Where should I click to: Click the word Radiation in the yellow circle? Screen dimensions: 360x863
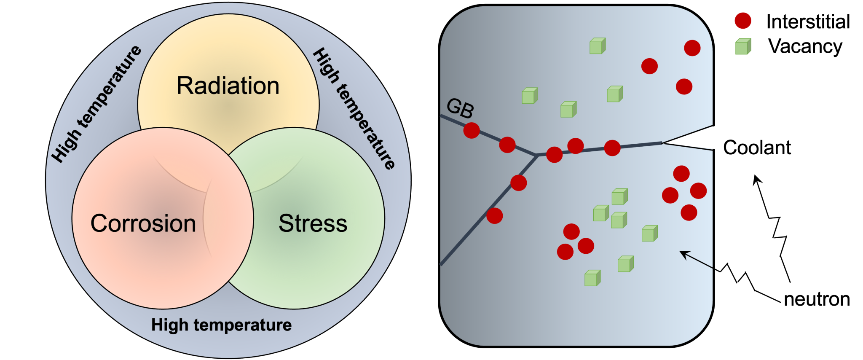(x=228, y=86)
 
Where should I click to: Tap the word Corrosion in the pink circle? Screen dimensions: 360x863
(x=143, y=223)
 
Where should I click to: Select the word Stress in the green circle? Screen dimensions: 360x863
(x=313, y=223)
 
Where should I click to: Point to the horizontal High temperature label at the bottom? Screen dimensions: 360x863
(x=221, y=325)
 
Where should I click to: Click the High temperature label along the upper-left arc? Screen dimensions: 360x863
(x=96, y=103)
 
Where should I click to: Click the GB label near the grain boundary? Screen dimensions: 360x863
(x=460, y=108)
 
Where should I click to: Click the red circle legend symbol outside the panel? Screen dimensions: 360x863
(x=743, y=21)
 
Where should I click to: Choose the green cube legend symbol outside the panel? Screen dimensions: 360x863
(x=743, y=46)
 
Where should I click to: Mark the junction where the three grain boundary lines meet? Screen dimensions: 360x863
(x=536, y=156)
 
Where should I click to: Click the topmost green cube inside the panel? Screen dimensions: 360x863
(x=597, y=46)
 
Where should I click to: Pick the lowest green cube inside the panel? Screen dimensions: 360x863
(x=592, y=278)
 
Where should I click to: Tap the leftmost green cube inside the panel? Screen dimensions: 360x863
(x=529, y=96)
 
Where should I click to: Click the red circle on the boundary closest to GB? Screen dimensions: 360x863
(x=472, y=130)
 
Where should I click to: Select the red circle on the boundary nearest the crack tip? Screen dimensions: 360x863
(x=612, y=148)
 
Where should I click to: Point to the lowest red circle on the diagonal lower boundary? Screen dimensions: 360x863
(x=494, y=215)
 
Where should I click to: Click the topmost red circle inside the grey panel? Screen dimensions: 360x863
(x=692, y=48)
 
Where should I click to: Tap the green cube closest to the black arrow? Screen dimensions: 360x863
(x=649, y=233)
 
